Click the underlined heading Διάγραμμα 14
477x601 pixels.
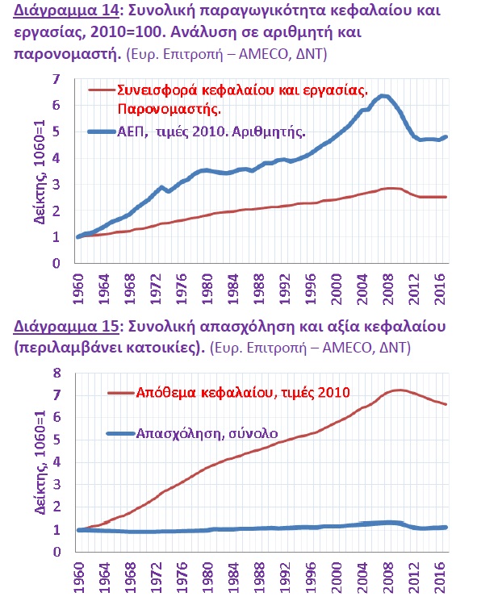click(x=66, y=10)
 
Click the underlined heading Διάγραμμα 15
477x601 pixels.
click(x=66, y=326)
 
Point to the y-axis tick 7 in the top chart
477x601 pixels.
click(x=56, y=79)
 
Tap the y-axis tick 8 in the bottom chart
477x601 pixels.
click(x=56, y=373)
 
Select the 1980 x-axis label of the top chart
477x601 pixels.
click(x=207, y=289)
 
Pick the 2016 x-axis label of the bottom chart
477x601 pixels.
click(x=441, y=578)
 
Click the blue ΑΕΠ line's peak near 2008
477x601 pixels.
click(x=383, y=96)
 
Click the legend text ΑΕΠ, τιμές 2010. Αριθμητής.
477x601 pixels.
click(x=211, y=131)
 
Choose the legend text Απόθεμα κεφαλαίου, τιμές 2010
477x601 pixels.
click(x=243, y=393)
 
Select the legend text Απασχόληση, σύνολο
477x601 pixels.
click(x=207, y=433)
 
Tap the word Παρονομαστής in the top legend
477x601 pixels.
click(x=169, y=109)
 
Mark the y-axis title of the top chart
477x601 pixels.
click(x=40, y=172)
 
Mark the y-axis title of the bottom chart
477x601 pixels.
click(x=40, y=462)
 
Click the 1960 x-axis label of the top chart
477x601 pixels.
click(x=78, y=289)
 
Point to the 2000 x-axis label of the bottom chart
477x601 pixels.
click(x=337, y=578)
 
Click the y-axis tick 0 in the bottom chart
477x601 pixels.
click(x=56, y=552)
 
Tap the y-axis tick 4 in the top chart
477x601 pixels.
click(x=56, y=158)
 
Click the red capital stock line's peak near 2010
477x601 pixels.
click(x=399, y=390)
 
